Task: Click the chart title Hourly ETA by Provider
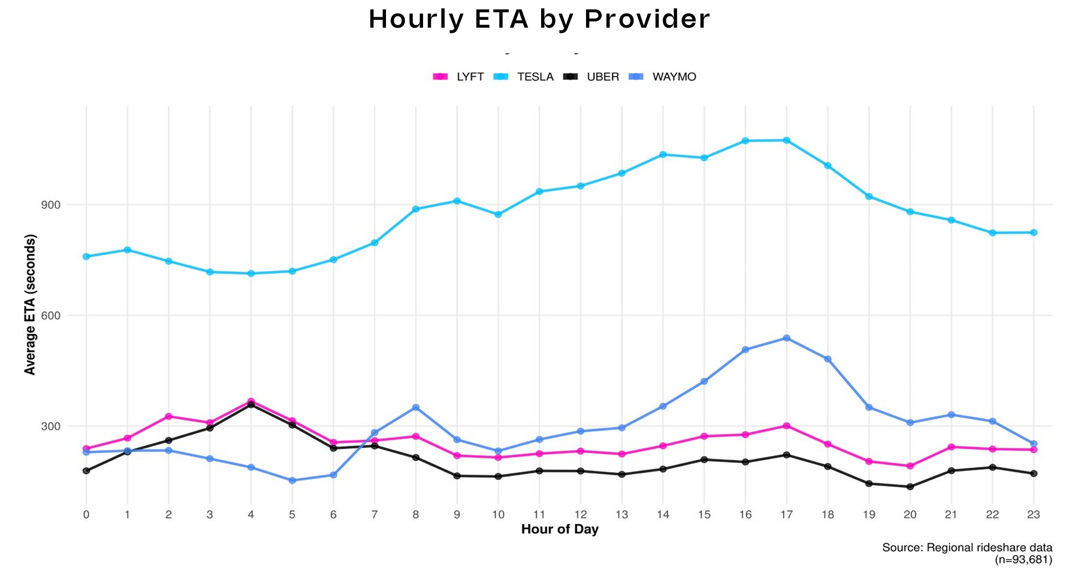point(539,19)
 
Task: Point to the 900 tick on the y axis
point(51,205)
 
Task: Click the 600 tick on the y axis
point(51,315)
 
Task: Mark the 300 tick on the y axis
point(51,426)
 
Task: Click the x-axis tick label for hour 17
point(786,514)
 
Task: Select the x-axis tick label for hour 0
point(86,514)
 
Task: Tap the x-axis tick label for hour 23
point(1033,514)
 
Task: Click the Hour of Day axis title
point(559,529)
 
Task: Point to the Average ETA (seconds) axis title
point(30,304)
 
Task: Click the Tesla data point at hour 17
point(786,140)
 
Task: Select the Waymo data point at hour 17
point(786,338)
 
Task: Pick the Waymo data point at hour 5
point(292,480)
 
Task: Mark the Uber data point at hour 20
point(910,487)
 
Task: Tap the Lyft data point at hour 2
point(169,416)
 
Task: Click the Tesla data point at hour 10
point(498,214)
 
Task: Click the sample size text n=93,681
point(1023,560)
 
